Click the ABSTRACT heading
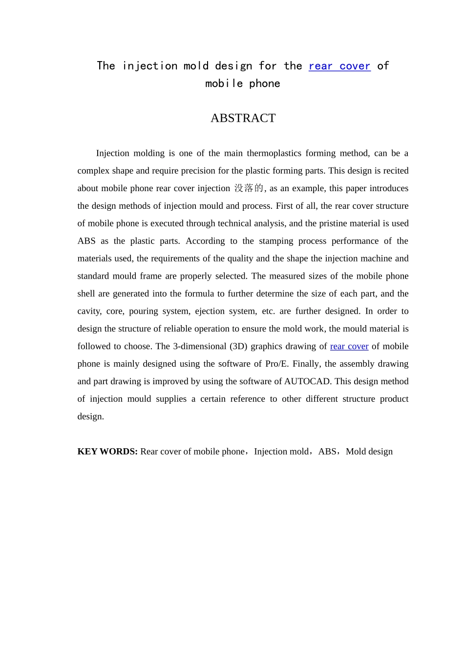243,118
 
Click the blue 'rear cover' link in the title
339,66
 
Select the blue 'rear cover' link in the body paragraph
349,346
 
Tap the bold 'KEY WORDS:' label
107,451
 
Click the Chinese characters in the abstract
249,188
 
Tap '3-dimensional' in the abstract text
200,346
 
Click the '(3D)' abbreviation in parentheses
238,346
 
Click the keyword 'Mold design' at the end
369,451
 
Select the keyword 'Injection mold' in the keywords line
281,451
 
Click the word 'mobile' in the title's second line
224,84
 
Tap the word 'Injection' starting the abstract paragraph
113,153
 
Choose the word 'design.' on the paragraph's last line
91,416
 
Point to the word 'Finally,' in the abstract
306,364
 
